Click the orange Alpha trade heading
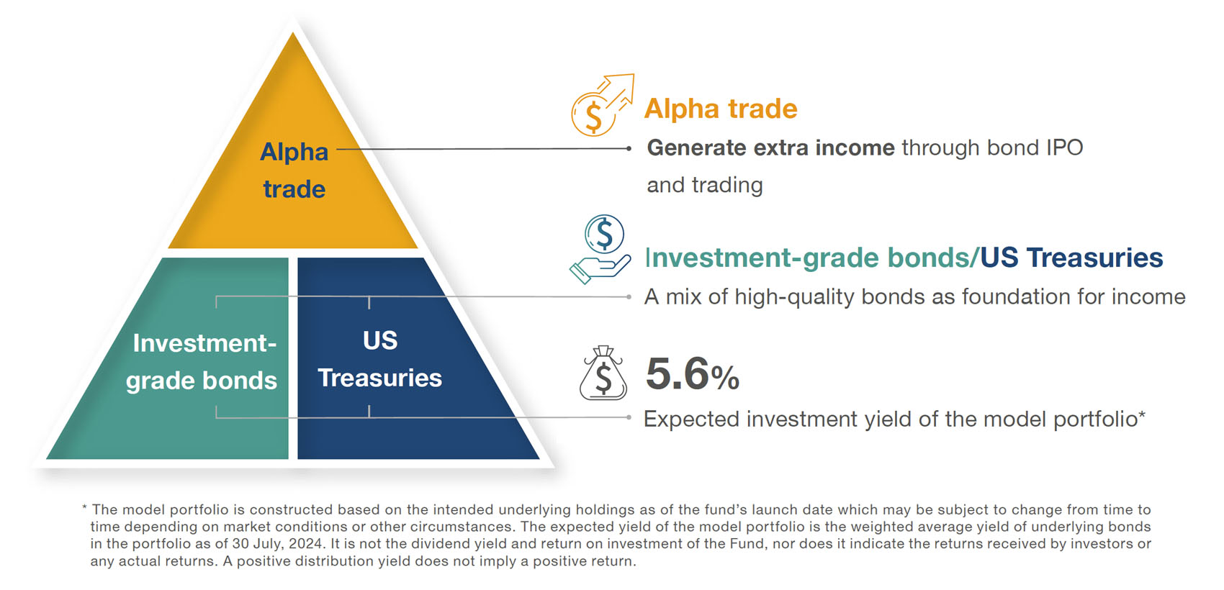click(x=721, y=108)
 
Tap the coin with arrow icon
click(x=602, y=105)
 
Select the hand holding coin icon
click(x=600, y=249)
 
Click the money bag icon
click(x=603, y=373)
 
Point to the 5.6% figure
click(x=693, y=374)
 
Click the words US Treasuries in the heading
click(x=1071, y=258)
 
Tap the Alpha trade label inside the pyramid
click(x=294, y=170)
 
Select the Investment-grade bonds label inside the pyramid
click(x=202, y=362)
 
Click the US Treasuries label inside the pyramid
click(x=379, y=359)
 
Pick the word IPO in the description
click(x=1062, y=147)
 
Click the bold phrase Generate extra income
click(x=770, y=147)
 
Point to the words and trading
click(x=705, y=185)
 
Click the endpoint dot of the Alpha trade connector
click(x=629, y=148)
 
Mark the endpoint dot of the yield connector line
click(x=629, y=417)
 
